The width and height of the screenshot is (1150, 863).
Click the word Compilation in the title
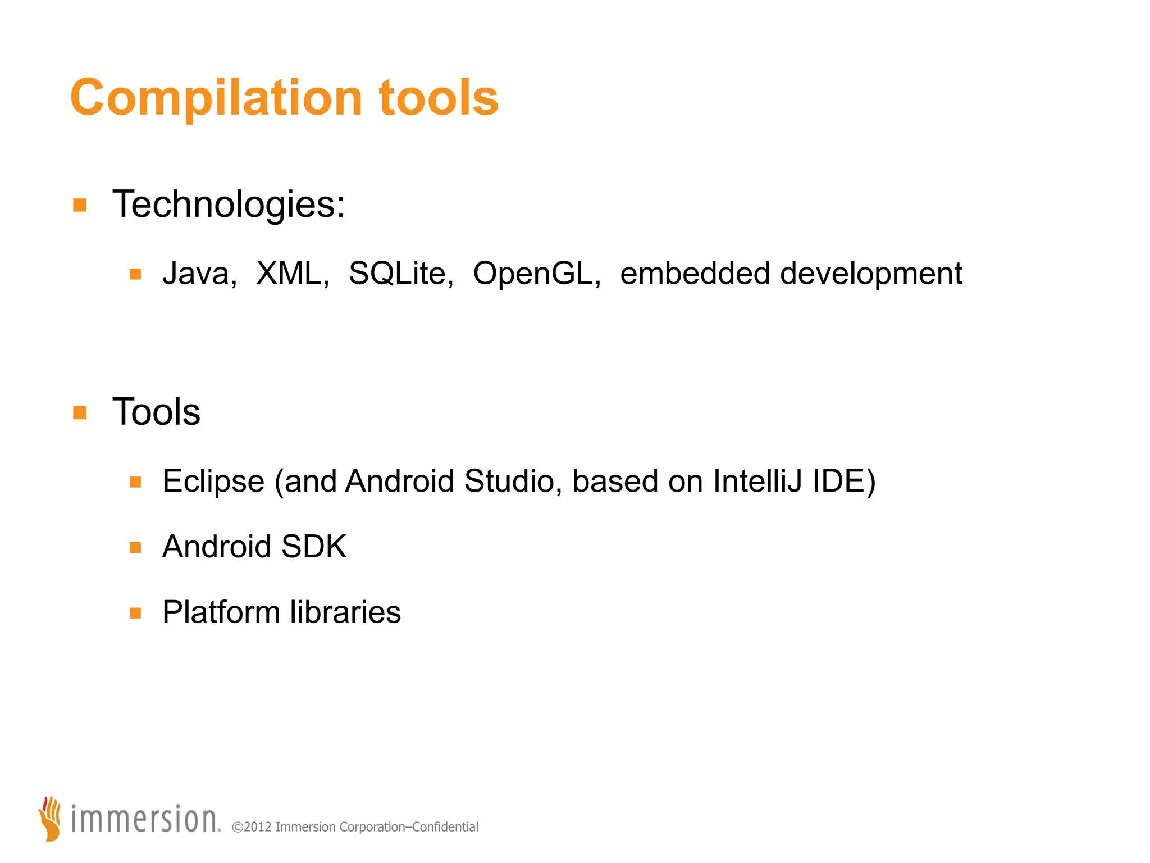click(216, 98)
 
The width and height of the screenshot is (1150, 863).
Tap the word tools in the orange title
click(439, 98)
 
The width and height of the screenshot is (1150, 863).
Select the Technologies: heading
click(229, 204)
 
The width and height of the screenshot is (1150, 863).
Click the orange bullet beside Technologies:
click(80, 205)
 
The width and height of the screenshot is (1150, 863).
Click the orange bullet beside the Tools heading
click(80, 413)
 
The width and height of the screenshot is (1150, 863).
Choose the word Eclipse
click(213, 482)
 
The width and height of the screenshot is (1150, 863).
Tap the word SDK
click(314, 546)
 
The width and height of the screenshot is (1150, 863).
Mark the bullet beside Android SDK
click(135, 547)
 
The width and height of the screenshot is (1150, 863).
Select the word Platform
click(221, 612)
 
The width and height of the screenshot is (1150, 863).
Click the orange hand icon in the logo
click(51, 818)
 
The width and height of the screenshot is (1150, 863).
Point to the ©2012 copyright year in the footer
click(252, 827)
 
